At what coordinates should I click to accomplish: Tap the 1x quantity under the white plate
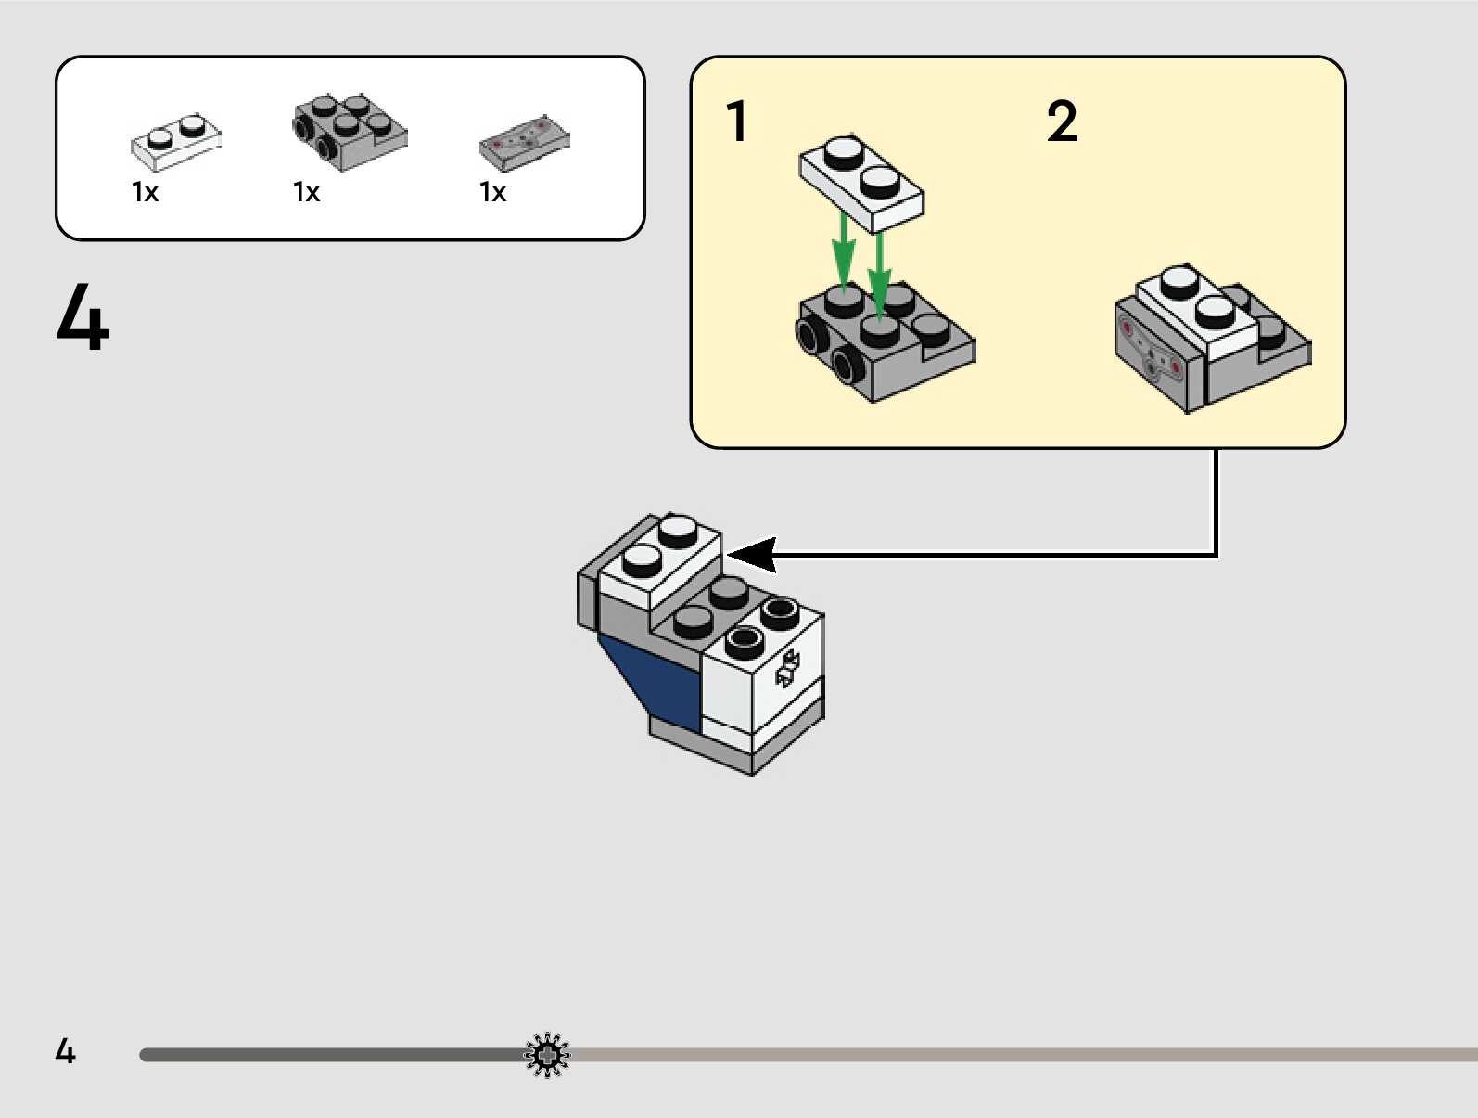coord(146,192)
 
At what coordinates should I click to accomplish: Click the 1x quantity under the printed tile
coord(492,192)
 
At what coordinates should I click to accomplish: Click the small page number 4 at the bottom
coord(65,1051)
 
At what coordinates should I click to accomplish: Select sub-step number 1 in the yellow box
coord(737,122)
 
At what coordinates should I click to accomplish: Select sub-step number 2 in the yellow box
coord(1062,122)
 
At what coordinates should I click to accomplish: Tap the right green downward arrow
coord(879,269)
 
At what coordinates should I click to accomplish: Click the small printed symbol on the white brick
coord(786,669)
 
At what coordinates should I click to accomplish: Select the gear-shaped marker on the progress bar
coord(547,1055)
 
